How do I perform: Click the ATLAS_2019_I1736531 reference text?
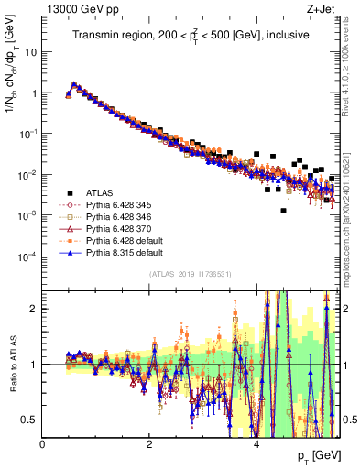[x=190, y=275]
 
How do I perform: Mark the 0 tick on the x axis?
[x=43, y=444]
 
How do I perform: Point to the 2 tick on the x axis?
[x=149, y=444]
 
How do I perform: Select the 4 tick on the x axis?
[x=256, y=444]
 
